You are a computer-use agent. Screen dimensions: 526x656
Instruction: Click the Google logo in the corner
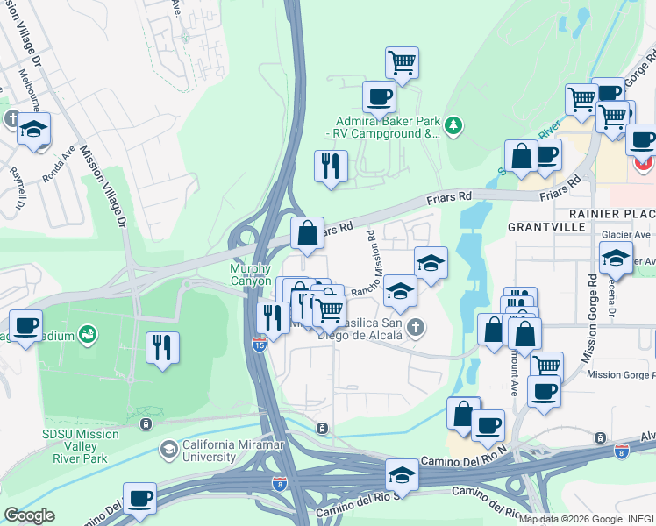[x=29, y=515]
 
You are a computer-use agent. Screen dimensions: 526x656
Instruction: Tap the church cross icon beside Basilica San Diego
[x=417, y=329]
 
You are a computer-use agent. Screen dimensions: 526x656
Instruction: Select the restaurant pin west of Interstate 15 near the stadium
[x=162, y=346]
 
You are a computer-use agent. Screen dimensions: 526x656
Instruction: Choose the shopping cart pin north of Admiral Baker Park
[x=402, y=62]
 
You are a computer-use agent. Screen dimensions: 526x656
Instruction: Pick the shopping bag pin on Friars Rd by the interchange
[x=307, y=233]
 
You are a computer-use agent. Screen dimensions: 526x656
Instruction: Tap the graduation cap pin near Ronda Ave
[x=34, y=129]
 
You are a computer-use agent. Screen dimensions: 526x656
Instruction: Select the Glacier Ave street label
[x=625, y=235]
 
